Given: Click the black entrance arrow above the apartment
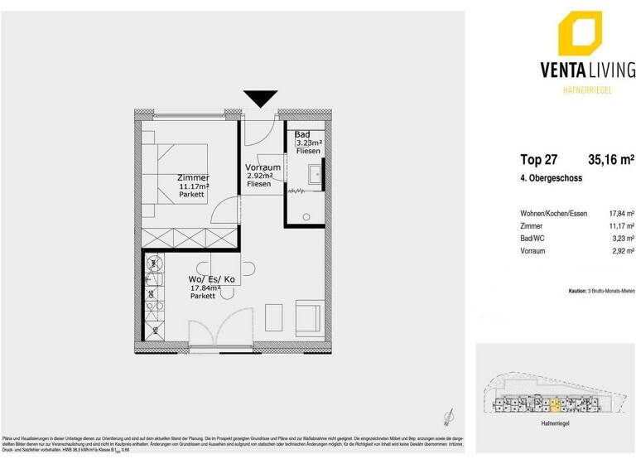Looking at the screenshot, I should (x=260, y=99).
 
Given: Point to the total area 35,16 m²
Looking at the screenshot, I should (x=610, y=161).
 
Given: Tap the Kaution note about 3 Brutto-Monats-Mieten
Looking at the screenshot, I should (x=600, y=292).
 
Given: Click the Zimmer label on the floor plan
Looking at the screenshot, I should (x=193, y=178).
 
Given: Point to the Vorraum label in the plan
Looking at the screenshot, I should (x=263, y=167).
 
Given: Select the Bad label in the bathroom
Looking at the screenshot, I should (x=302, y=134).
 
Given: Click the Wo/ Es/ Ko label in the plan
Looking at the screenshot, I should (x=213, y=280).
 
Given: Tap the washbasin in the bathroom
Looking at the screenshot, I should (x=316, y=175).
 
